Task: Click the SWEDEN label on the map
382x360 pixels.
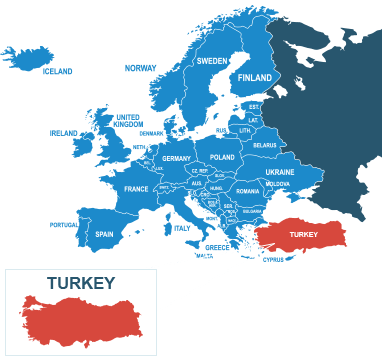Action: [211, 60]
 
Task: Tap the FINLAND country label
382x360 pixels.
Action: [255, 78]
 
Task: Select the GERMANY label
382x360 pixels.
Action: [176, 158]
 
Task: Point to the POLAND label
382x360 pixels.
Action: [222, 157]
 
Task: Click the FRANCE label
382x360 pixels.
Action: [136, 189]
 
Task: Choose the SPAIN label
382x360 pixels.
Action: [104, 234]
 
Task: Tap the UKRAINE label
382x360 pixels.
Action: [280, 172]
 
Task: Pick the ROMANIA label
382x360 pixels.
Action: [248, 191]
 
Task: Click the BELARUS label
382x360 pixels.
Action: [265, 145]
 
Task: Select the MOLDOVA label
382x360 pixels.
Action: [278, 184]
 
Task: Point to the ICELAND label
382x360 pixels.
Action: [57, 72]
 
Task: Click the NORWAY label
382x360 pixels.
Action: [140, 68]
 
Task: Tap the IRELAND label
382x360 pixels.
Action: [64, 132]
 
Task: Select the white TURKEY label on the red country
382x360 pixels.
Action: [303, 235]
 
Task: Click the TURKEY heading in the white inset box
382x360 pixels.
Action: [80, 283]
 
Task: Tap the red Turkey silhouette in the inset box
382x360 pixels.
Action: [82, 320]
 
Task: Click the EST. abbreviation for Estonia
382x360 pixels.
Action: [254, 106]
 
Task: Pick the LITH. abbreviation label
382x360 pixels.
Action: [245, 131]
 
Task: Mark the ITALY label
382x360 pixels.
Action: [181, 229]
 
